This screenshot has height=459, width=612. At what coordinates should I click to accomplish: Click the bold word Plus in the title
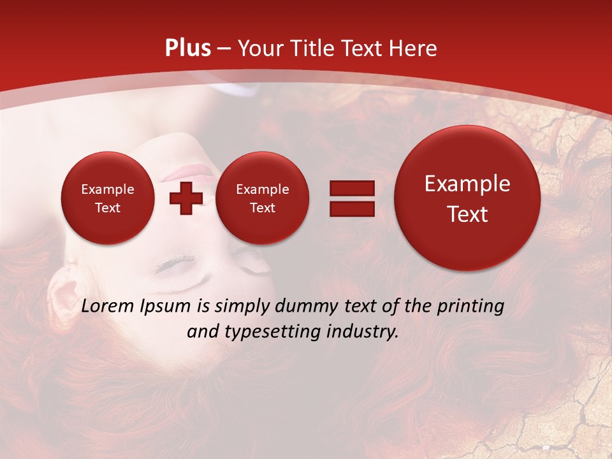(189, 48)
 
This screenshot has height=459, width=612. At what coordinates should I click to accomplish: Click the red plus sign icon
(186, 198)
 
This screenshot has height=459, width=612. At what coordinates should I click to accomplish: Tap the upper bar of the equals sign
(352, 188)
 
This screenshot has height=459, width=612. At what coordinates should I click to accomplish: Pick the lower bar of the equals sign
(352, 208)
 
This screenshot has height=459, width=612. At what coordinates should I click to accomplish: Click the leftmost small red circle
(107, 198)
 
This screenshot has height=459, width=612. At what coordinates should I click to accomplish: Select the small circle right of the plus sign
(262, 198)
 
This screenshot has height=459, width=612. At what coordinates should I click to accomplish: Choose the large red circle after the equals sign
(467, 198)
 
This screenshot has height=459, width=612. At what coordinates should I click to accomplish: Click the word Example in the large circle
(467, 184)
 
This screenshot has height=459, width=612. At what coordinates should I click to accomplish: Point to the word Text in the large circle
(467, 214)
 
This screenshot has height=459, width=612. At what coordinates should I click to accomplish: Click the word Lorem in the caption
(109, 306)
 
